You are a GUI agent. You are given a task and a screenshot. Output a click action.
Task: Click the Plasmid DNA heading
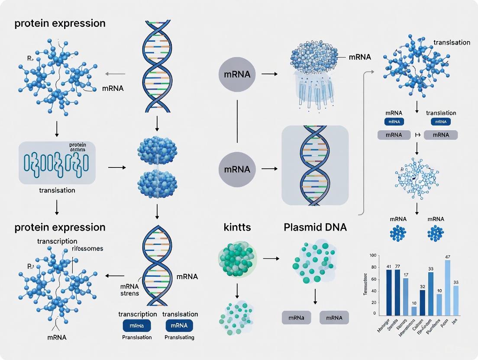click(315, 227)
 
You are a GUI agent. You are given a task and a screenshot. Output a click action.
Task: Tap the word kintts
click(237, 227)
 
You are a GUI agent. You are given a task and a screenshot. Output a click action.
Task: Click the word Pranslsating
click(179, 337)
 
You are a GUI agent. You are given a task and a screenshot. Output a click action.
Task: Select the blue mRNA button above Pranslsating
click(179, 325)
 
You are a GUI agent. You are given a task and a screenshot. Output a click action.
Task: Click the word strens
click(129, 293)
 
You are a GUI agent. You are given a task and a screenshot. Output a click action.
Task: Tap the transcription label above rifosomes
click(57, 241)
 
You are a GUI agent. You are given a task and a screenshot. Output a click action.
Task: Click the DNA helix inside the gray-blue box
click(315, 165)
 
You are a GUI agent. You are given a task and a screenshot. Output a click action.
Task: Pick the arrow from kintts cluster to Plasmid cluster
click(271, 259)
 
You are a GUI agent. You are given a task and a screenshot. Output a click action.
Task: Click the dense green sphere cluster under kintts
click(237, 260)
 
